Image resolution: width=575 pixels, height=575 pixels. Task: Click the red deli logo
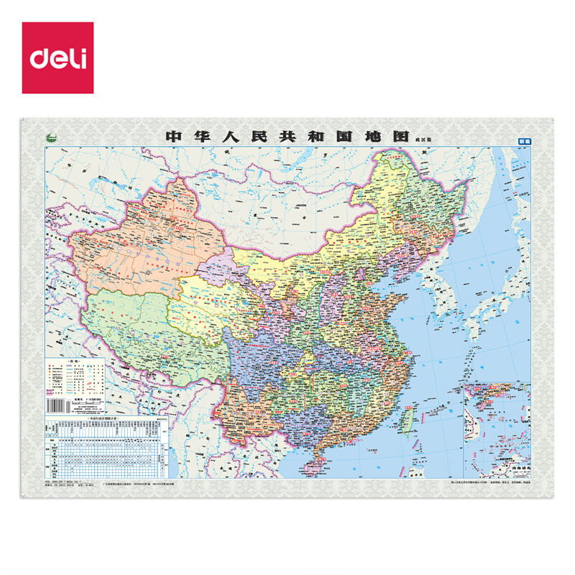(x=57, y=57)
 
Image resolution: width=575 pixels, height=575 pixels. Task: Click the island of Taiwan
(x=405, y=421)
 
